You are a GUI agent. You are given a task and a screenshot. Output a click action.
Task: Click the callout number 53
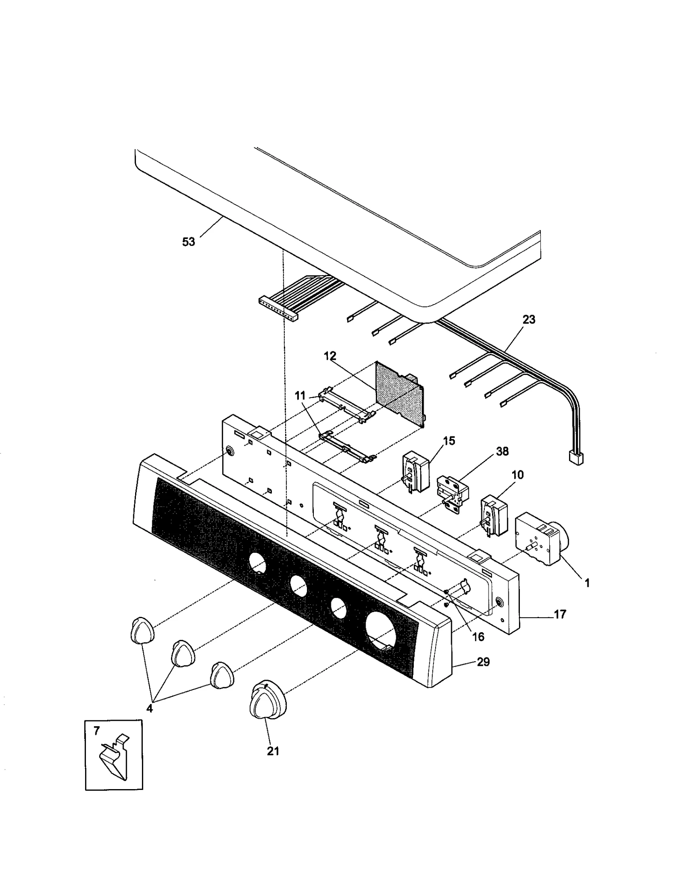[188, 242]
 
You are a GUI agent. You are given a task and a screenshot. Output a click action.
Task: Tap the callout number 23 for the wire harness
[529, 319]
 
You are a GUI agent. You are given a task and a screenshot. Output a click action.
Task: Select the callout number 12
[330, 356]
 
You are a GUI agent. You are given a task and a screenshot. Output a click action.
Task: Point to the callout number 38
[502, 451]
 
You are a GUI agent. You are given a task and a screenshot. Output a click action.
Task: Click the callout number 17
[560, 614]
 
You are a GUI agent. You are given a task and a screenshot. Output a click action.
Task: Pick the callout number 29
[483, 662]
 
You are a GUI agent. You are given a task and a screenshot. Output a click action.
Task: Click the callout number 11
[300, 396]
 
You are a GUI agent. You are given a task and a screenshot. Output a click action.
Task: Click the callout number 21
[273, 751]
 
